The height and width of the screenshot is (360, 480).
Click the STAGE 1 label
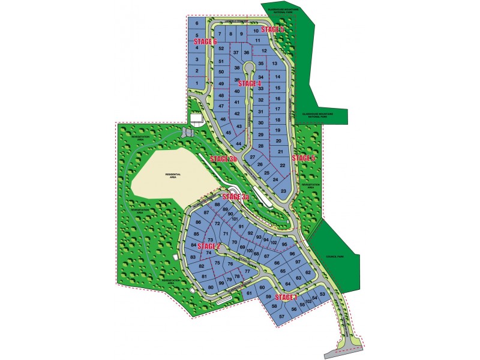(x=286, y=298)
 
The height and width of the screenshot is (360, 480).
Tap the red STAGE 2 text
(x=209, y=246)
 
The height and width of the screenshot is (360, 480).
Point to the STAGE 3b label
(x=223, y=159)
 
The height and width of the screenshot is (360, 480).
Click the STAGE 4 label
(x=250, y=84)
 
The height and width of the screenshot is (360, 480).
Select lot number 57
(x=281, y=316)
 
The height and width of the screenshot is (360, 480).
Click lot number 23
(x=283, y=191)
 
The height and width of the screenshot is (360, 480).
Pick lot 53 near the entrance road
(x=322, y=294)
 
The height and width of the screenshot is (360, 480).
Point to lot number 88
(x=217, y=205)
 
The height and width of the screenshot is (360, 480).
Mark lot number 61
(x=248, y=293)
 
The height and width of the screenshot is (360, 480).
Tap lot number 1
(x=196, y=82)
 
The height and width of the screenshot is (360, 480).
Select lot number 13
(x=274, y=64)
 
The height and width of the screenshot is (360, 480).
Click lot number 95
(x=284, y=244)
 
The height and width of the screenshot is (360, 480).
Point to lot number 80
(x=211, y=288)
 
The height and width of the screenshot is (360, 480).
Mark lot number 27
(x=253, y=157)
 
